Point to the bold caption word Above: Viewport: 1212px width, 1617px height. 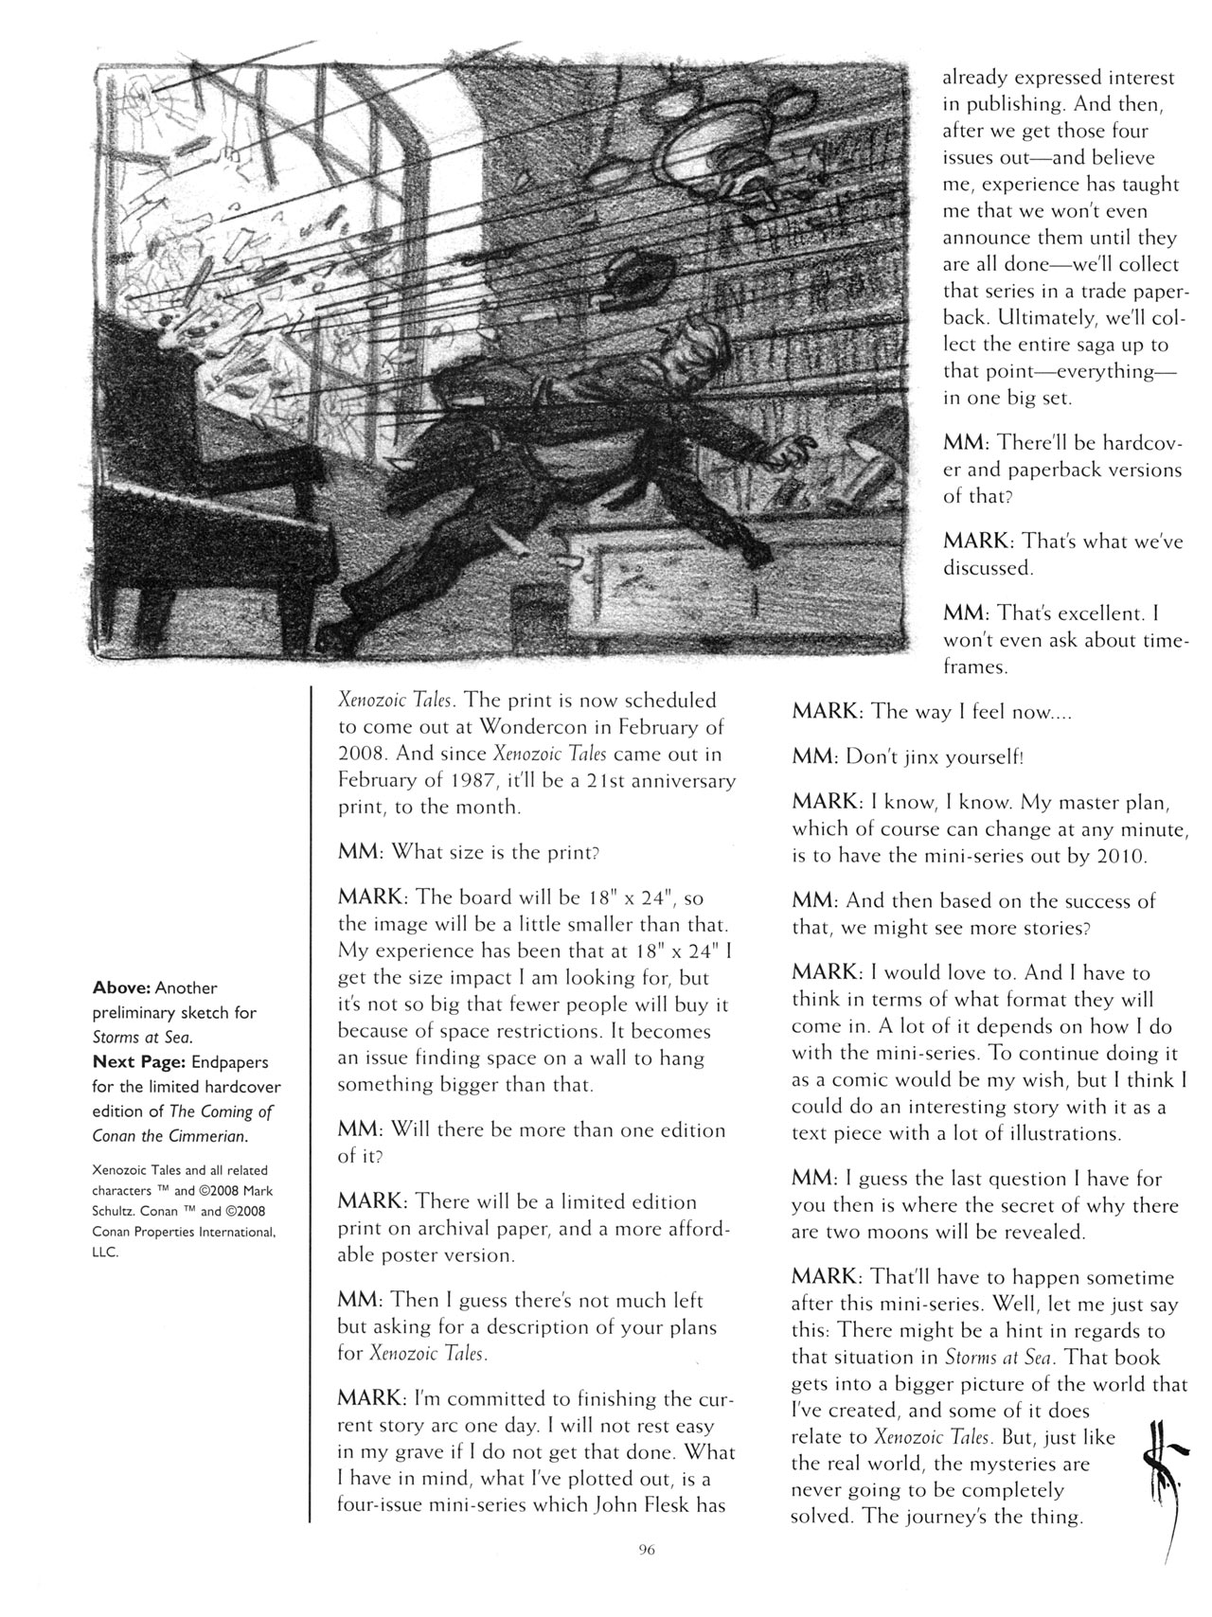pos(122,987)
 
